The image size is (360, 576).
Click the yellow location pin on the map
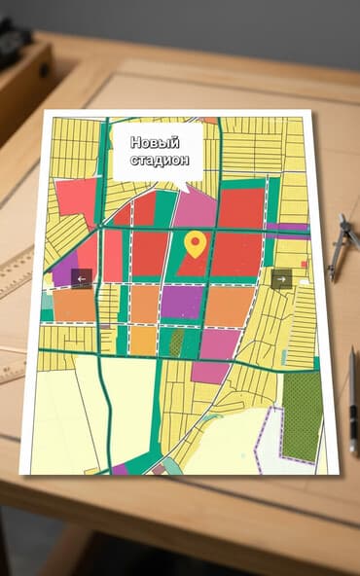pos(196,243)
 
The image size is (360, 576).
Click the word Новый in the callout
pos(155,142)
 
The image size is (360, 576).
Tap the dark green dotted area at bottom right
pos(302,415)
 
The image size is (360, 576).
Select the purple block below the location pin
pos(181,302)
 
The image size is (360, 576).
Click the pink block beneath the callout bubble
pos(197,207)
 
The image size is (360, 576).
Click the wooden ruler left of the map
pos(16,271)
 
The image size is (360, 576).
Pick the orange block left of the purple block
pos(144,303)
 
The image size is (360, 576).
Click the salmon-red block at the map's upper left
pos(76,200)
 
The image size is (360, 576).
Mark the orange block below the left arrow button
pos(74,305)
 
